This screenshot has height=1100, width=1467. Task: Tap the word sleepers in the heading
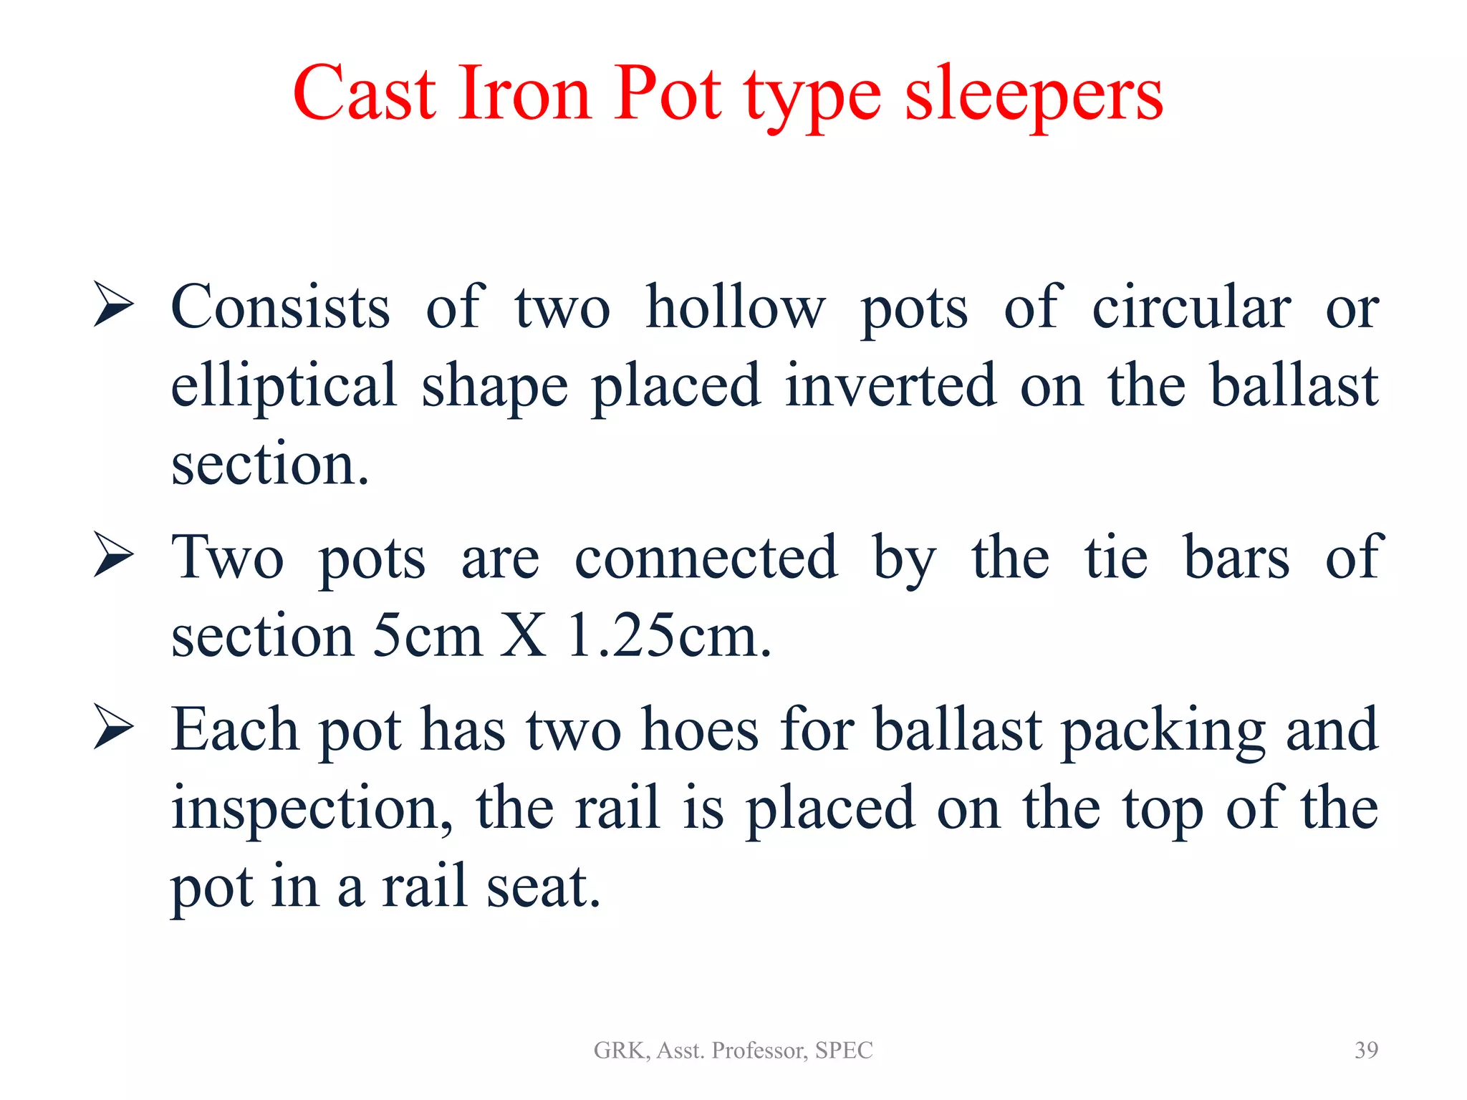(x=1034, y=97)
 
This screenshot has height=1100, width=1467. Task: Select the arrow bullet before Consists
(x=113, y=304)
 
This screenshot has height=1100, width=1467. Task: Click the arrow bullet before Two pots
(x=113, y=556)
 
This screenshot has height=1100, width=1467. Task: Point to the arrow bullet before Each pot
(x=113, y=728)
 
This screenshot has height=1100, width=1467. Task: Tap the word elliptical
(x=284, y=387)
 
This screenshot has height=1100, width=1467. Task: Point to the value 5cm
(x=428, y=635)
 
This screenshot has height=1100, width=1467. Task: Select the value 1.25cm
(x=668, y=635)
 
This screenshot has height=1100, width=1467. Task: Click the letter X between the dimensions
(x=523, y=635)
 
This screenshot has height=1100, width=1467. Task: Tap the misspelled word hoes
(x=699, y=730)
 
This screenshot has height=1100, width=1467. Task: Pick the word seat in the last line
(x=542, y=887)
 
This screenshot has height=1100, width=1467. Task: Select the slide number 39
(x=1366, y=1050)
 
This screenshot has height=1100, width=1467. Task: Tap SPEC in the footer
(x=844, y=1051)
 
